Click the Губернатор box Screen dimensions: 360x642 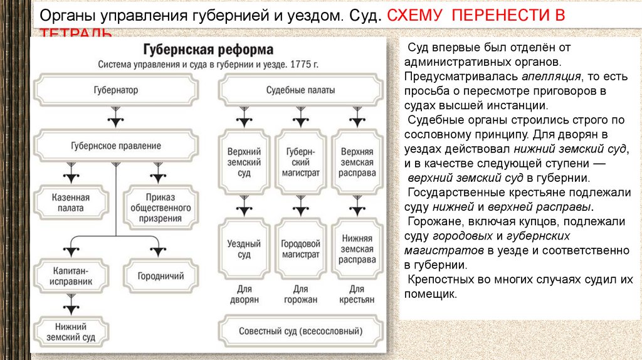(116, 90)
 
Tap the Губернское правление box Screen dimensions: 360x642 (116, 146)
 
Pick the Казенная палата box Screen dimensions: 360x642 (70, 203)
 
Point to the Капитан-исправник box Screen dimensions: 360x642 (71, 276)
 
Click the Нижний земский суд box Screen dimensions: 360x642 (71, 332)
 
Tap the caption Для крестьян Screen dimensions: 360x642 (355, 294)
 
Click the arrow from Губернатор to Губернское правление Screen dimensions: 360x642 (114, 117)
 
